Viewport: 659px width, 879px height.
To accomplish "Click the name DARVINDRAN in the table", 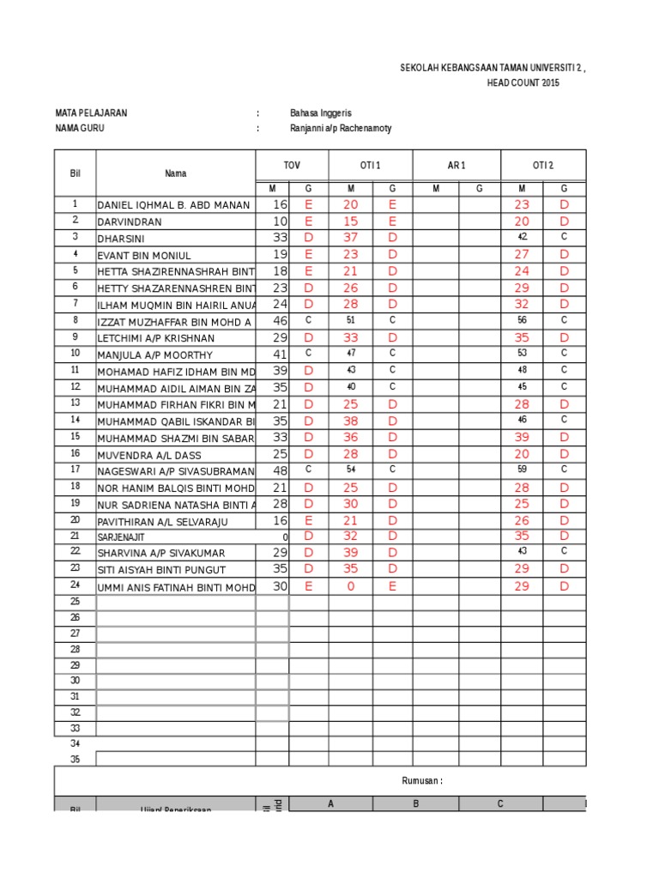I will (130, 221).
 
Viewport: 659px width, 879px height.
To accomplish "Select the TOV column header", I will (293, 165).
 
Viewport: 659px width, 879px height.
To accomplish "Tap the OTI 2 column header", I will (543, 165).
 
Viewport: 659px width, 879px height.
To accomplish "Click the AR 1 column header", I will (456, 165).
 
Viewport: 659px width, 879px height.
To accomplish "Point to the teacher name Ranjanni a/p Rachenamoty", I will (341, 129).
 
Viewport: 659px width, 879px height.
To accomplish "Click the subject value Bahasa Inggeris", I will (321, 113).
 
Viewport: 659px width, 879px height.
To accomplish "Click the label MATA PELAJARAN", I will (92, 113).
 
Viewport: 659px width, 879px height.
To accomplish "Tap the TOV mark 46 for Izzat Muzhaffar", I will (280, 320).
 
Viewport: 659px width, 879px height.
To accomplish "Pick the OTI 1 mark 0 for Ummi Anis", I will (350, 586).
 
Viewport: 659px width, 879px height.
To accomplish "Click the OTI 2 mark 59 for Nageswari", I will (522, 470).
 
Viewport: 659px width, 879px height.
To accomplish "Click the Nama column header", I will (175, 173).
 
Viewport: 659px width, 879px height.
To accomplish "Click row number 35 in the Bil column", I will (75, 759).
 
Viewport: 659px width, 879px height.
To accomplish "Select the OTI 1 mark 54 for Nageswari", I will (350, 470).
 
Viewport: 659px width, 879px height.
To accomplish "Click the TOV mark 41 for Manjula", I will (280, 354).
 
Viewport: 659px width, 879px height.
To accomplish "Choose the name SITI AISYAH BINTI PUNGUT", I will (162, 570).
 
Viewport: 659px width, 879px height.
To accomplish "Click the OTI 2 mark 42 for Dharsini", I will (522, 237).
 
